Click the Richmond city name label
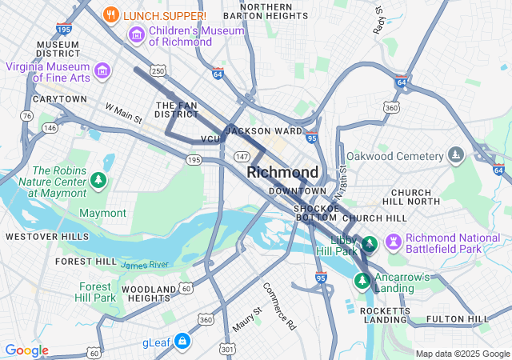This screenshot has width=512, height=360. (282, 172)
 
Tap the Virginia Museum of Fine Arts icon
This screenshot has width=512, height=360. (102, 71)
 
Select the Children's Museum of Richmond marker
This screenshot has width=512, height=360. (136, 35)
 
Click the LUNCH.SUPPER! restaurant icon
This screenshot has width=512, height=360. (112, 14)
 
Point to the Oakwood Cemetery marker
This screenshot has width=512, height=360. (456, 154)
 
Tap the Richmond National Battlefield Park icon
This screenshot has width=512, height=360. (393, 241)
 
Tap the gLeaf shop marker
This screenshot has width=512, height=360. (183, 342)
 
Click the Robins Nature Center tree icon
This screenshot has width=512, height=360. (98, 181)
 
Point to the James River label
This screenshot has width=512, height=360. (145, 264)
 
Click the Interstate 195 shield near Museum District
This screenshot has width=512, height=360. (65, 29)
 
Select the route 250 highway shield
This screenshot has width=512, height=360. (158, 71)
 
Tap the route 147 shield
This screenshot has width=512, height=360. (242, 156)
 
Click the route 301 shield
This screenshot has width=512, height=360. (229, 349)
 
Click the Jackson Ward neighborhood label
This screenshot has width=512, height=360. (264, 130)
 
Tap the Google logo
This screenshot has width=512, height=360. (26, 350)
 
